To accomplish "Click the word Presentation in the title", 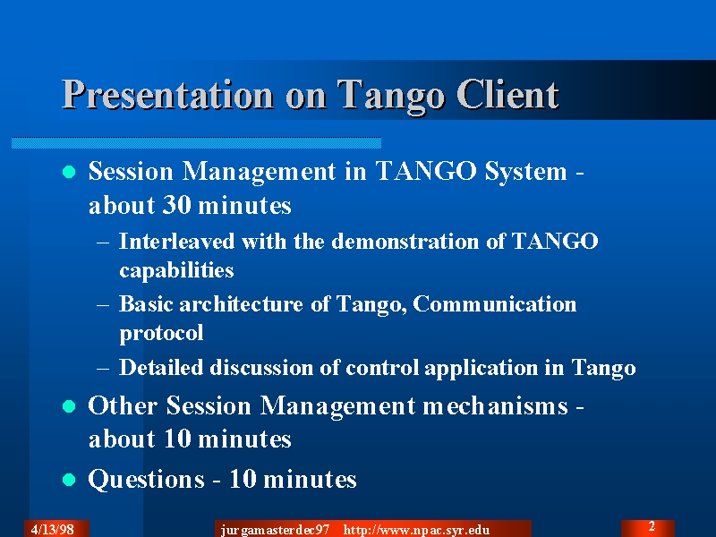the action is click(167, 95).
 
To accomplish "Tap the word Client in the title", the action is click(507, 94).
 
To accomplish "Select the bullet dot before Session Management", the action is click(69, 172).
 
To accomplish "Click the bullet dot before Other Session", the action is click(69, 406).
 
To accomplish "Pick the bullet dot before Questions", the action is click(69, 480).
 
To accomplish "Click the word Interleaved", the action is click(176, 241).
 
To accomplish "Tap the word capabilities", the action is click(176, 270).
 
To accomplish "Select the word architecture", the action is click(241, 304).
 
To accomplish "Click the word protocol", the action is click(161, 333).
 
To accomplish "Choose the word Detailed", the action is click(161, 367).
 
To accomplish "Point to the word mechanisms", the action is click(496, 405).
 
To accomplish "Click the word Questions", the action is click(146, 480).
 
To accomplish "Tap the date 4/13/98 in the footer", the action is click(53, 530).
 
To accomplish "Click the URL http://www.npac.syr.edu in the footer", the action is click(416, 530).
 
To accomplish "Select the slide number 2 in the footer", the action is click(652, 526).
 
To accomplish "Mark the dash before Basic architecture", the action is click(103, 304).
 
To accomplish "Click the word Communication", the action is click(495, 304).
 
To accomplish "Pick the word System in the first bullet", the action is click(525, 172).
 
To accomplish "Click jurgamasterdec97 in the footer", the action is click(275, 530).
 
